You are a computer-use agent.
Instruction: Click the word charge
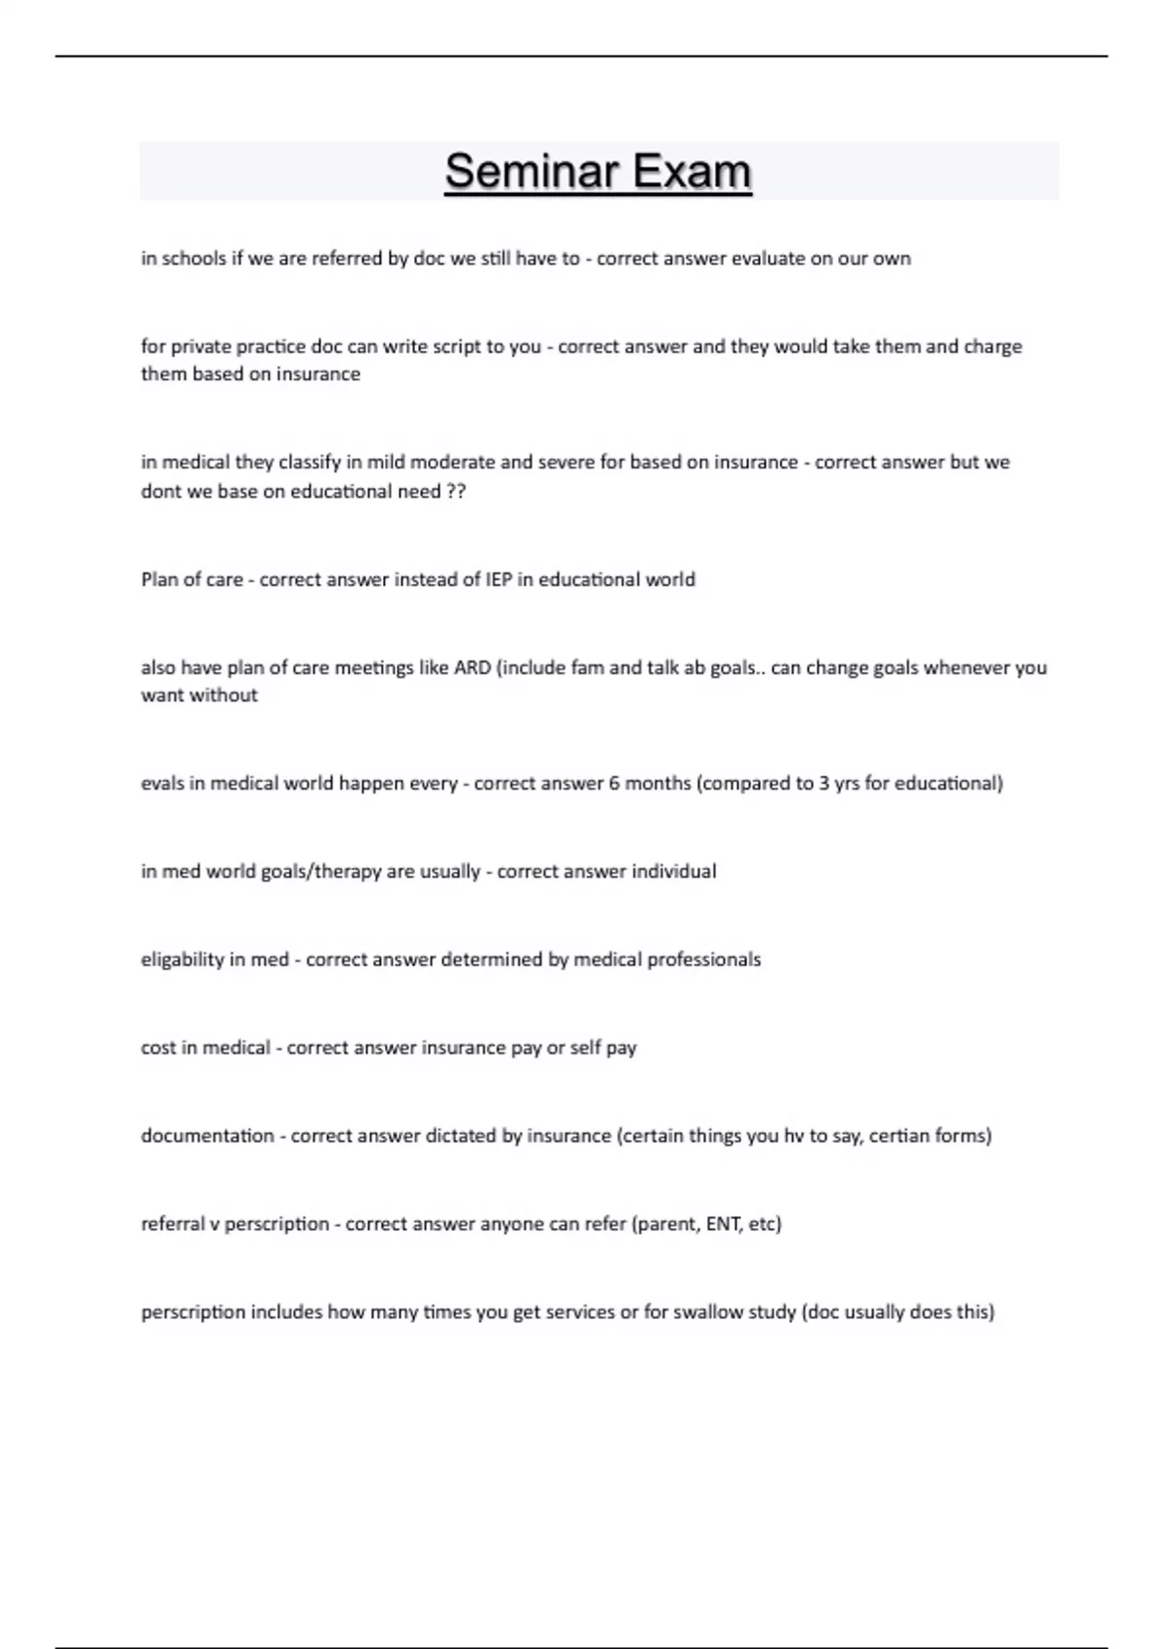[992, 346]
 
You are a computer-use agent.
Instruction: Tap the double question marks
[456, 491]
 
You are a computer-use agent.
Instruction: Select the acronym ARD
[472, 667]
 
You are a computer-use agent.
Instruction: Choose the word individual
[674, 871]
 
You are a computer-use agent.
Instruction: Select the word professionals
[704, 959]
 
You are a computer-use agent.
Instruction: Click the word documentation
[208, 1135]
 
